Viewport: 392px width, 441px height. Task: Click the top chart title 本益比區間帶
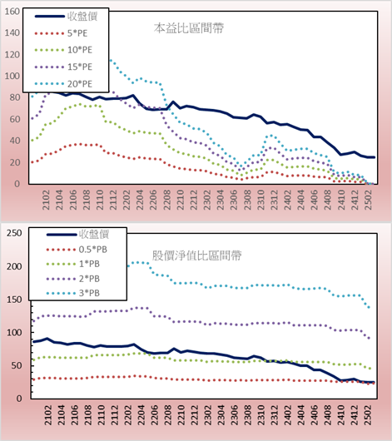pyautogui.click(x=189, y=28)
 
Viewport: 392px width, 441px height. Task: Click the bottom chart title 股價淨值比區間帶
pyautogui.click(x=196, y=255)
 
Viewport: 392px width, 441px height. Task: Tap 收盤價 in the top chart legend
pyautogui.click(x=82, y=17)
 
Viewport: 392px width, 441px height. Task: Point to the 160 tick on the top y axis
pyautogui.click(x=12, y=12)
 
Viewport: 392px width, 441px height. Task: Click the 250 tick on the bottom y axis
pyautogui.click(x=14, y=233)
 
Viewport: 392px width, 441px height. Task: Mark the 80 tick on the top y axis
pyautogui.click(x=15, y=97)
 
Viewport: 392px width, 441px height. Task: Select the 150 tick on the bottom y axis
pyautogui.click(x=14, y=300)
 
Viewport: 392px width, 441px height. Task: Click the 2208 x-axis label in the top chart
pyautogui.click(x=167, y=200)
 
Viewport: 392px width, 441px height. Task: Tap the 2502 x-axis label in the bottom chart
pyautogui.click(x=368, y=415)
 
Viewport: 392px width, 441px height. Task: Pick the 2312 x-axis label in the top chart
pyautogui.click(x=275, y=200)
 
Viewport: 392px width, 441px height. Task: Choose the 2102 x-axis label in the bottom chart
pyautogui.click(x=47, y=415)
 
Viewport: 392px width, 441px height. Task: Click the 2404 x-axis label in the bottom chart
pyautogui.click(x=301, y=415)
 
